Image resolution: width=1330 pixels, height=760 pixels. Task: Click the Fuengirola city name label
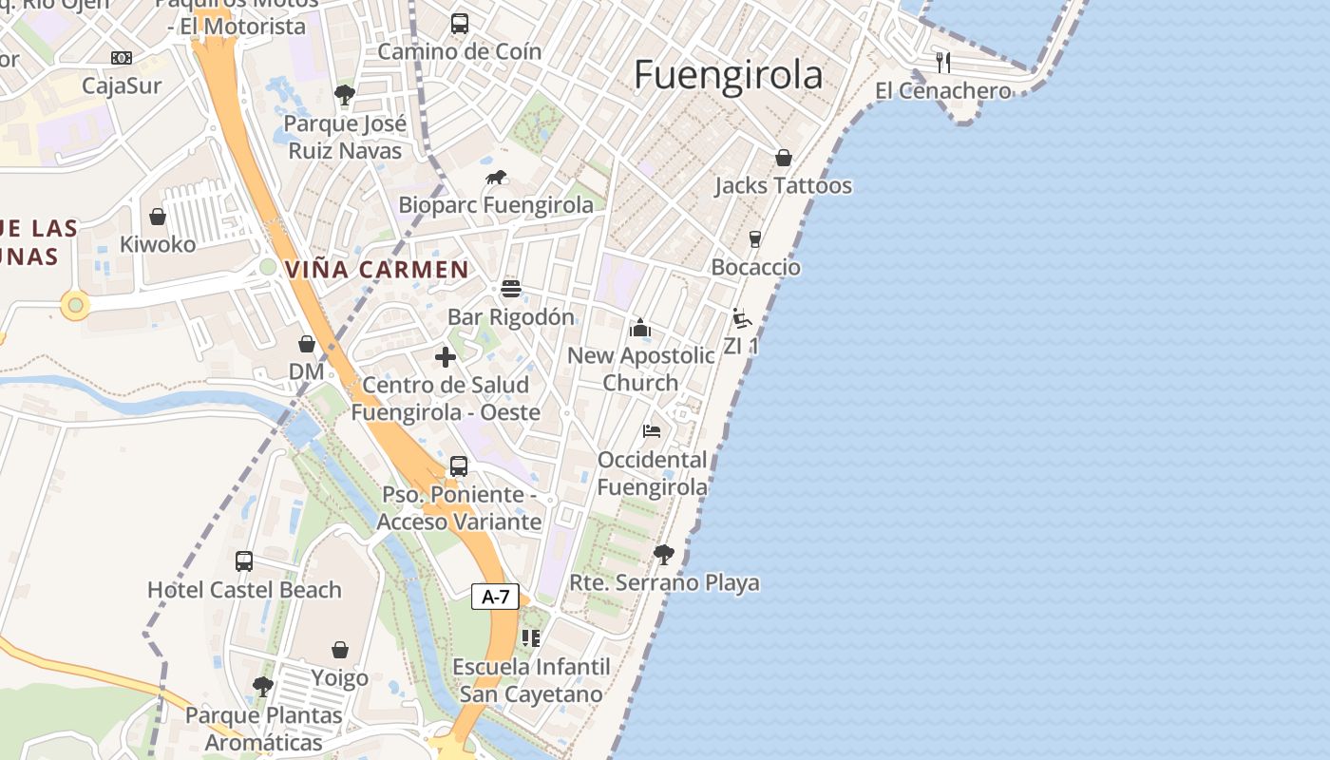[728, 75]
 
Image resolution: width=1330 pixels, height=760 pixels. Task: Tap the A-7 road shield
[495, 597]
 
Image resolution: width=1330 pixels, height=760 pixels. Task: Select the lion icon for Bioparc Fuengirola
[496, 177]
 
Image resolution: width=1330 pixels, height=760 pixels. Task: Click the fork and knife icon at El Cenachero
[942, 63]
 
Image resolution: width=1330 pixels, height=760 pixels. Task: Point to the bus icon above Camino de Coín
[460, 24]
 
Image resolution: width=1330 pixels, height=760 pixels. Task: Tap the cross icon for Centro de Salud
[445, 357]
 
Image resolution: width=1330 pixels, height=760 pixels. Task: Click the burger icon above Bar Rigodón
[511, 289]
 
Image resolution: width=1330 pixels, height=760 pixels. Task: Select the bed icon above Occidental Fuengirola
[652, 431]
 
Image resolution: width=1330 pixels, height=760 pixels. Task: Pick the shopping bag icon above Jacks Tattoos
[784, 158]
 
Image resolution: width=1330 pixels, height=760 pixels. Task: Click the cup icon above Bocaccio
[755, 238]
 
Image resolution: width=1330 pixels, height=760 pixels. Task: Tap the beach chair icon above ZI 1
[741, 318]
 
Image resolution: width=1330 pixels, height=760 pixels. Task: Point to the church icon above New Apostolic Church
[640, 328]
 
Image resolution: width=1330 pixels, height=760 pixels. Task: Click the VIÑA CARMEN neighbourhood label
[376, 269]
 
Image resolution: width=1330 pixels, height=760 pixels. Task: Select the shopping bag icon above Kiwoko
[158, 217]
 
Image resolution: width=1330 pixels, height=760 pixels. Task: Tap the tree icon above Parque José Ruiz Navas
[344, 95]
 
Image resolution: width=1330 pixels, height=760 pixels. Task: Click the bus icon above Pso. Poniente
[459, 466]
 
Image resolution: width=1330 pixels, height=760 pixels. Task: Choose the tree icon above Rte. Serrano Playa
[663, 554]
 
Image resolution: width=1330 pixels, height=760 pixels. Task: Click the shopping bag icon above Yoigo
[340, 651]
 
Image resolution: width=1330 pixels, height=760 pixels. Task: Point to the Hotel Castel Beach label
[244, 590]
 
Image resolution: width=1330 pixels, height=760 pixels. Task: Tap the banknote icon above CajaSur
[122, 58]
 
